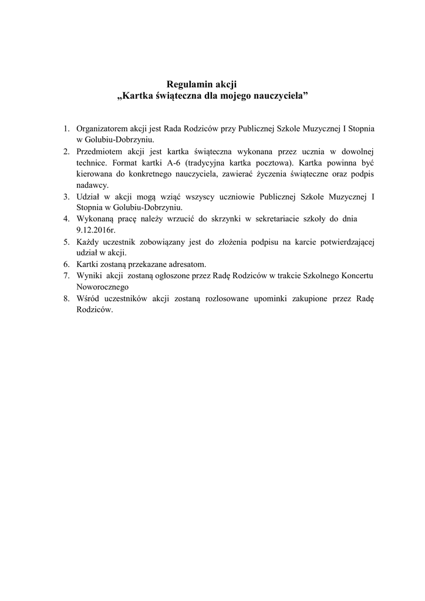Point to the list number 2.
point(66,151)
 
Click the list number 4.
point(66,218)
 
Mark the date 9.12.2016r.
point(96,230)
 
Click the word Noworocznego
point(103,286)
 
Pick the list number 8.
point(66,298)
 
